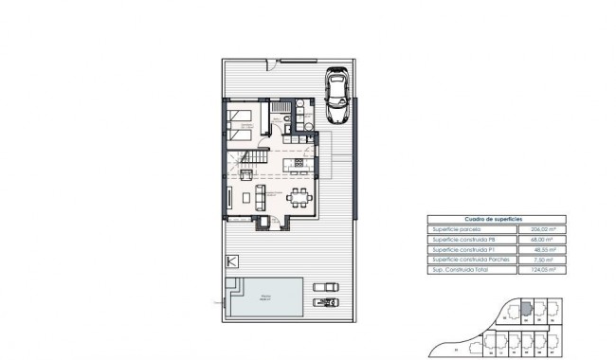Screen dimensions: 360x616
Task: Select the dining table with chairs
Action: [299, 198]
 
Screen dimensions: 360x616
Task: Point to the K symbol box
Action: [229, 262]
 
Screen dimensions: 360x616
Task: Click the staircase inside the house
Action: [248, 162]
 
